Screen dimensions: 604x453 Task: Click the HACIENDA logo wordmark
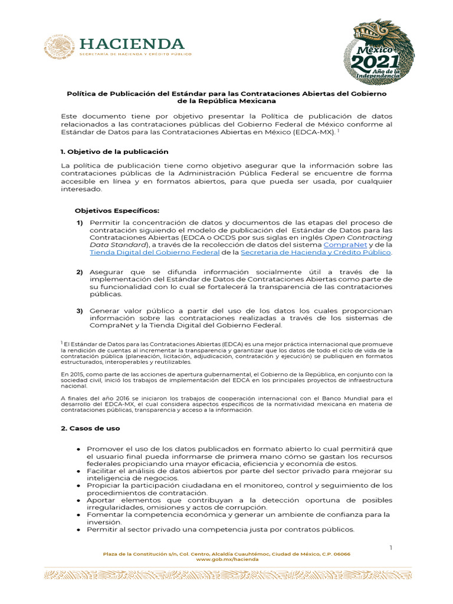132,44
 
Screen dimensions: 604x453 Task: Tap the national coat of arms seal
59,48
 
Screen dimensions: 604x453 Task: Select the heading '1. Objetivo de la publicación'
114,152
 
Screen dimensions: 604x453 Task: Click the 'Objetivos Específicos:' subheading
117,211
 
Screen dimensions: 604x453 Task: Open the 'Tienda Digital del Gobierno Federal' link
154,252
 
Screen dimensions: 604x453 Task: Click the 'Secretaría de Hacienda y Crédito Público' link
316,252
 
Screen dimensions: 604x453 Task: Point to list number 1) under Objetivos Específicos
79,222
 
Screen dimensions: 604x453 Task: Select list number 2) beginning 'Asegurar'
79,272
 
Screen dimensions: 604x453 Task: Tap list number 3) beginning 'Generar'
79,310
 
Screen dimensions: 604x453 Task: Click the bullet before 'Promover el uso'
79,449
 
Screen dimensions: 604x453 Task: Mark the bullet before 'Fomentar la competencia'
79,514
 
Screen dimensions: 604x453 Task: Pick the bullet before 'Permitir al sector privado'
79,529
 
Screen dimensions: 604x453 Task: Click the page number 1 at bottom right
390,548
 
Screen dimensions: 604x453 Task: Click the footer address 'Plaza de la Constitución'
139,554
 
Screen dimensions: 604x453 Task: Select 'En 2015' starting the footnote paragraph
72,374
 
